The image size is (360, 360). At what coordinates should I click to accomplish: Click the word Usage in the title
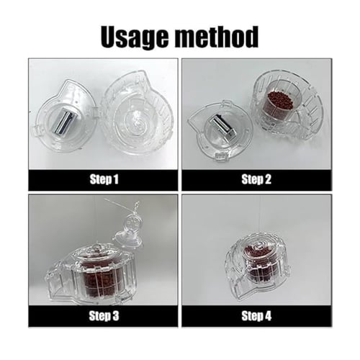click(135, 37)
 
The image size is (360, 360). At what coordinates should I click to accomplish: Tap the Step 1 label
click(104, 179)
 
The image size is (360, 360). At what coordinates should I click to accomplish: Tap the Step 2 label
click(256, 179)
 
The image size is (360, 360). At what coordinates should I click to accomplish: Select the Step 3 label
click(104, 316)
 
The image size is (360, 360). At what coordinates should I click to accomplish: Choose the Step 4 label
click(256, 316)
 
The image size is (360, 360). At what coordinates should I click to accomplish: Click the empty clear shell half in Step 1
click(136, 113)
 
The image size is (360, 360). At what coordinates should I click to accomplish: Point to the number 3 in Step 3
click(116, 316)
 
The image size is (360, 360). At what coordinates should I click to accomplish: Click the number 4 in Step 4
click(268, 316)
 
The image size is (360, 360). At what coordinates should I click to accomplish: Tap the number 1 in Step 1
click(116, 179)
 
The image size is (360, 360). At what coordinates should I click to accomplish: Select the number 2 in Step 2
click(268, 179)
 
